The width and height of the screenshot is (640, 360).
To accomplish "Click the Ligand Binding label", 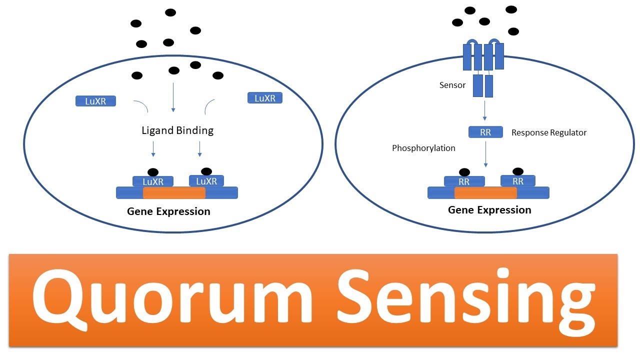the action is (x=177, y=130).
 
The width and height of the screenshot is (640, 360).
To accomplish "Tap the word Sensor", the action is (x=452, y=85).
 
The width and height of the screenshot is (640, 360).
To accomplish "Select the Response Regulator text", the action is (x=549, y=132).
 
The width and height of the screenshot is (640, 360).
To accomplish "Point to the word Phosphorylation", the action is (x=423, y=148).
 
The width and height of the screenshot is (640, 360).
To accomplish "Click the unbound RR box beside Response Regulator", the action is (x=485, y=132).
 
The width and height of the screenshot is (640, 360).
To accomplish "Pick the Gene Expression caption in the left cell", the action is (x=168, y=211).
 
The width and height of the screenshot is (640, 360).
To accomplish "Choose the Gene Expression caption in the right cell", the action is (x=489, y=210).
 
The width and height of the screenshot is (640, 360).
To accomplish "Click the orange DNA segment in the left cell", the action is (x=174, y=193).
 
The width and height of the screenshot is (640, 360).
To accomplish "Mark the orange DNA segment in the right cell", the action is (x=485, y=193).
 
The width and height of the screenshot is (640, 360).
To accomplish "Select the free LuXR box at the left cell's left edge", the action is (x=95, y=101).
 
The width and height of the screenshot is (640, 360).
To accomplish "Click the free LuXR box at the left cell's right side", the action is (x=265, y=97).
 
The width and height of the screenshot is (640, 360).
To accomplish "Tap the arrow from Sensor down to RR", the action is (x=484, y=110).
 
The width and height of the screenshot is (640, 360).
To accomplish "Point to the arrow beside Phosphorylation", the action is (x=485, y=154).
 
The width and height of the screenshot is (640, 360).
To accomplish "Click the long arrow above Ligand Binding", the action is (x=173, y=97).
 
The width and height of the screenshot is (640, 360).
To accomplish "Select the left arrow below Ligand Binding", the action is (x=153, y=149).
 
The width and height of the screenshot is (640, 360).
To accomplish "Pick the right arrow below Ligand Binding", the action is (x=199, y=149).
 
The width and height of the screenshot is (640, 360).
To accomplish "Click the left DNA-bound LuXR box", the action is (x=153, y=181).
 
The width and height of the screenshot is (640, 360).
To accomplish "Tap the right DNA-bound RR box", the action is (x=518, y=181).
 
